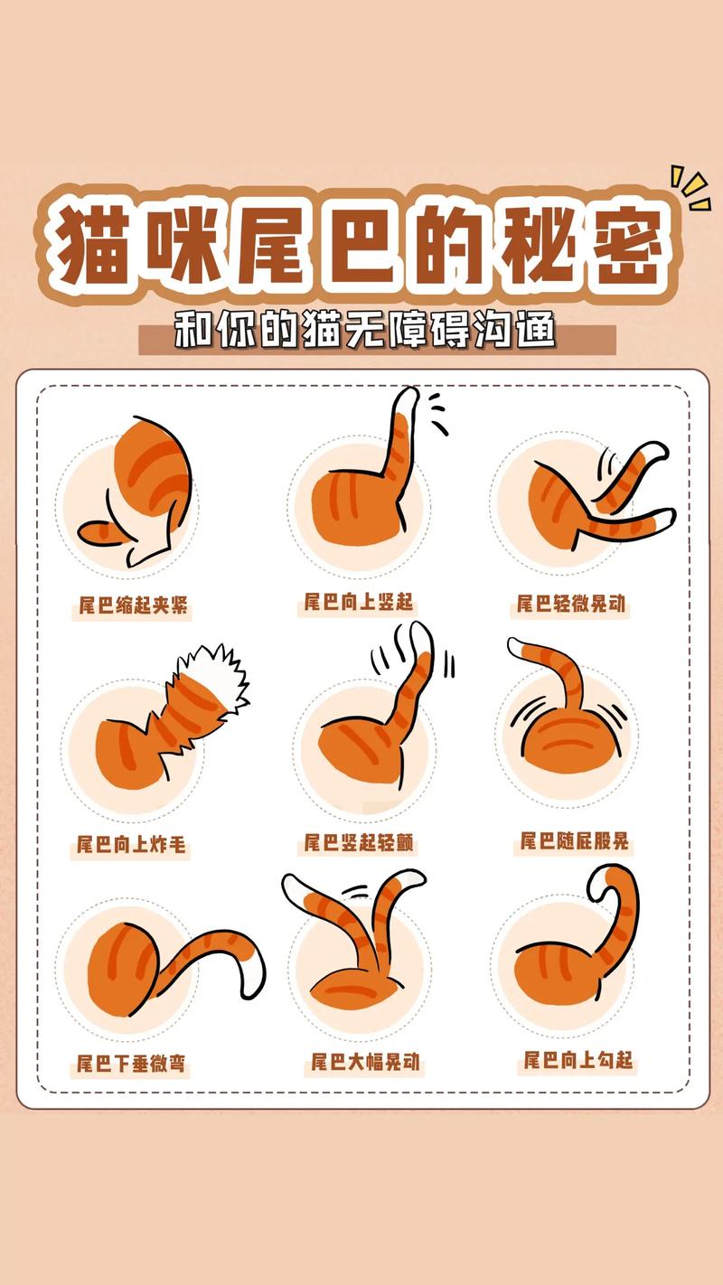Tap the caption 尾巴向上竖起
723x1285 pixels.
[x=358, y=602]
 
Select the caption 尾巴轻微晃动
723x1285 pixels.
[x=571, y=603]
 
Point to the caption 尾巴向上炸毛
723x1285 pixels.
[x=131, y=845]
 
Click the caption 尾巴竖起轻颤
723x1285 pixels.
[x=359, y=843]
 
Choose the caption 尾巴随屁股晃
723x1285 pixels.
[x=574, y=842]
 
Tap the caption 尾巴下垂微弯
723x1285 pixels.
[x=131, y=1063]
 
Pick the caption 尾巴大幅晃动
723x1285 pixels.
[x=365, y=1061]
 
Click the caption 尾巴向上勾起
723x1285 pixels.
[x=578, y=1059]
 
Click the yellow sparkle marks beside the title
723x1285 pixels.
[x=690, y=187]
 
